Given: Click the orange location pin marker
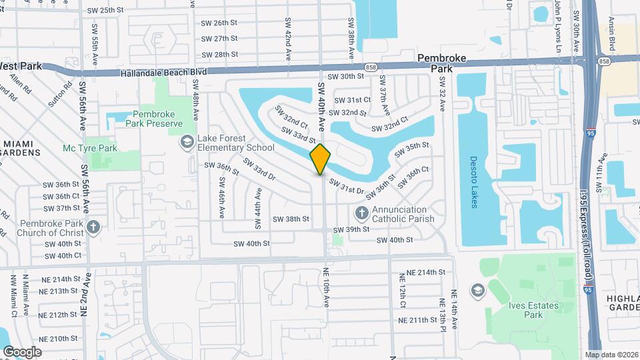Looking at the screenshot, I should pyautogui.click(x=321, y=159).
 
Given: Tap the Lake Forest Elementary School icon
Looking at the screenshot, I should pyautogui.click(x=188, y=141).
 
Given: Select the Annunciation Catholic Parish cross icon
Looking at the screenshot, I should pyautogui.click(x=361, y=213).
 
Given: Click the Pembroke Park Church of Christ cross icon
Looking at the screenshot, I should pyautogui.click(x=93, y=227).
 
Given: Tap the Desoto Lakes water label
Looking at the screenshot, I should pyautogui.click(x=474, y=182).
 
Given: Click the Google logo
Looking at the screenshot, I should pyautogui.click(x=22, y=351).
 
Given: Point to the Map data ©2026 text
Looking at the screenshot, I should pyautogui.click(x=611, y=355).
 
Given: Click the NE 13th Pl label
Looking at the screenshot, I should pyautogui.click(x=443, y=309).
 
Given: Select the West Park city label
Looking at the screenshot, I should pyautogui.click(x=21, y=66).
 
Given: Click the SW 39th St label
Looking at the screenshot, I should pyautogui.click(x=351, y=229).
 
